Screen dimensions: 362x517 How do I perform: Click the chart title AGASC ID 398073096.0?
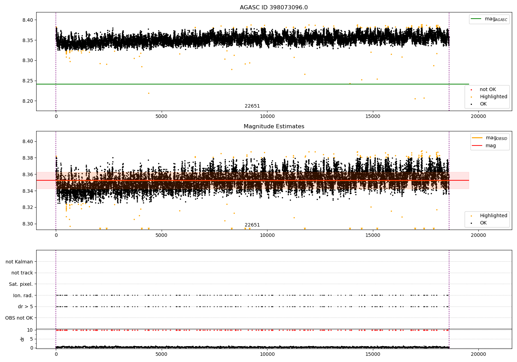pyautogui.click(x=274, y=8)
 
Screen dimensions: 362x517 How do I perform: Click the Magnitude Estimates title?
pyautogui.click(x=274, y=127)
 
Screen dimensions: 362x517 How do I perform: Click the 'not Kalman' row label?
pyautogui.click(x=19, y=262)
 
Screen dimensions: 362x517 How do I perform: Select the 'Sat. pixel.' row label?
pyautogui.click(x=21, y=284)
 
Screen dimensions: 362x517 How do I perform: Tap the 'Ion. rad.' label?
pyautogui.click(x=23, y=295)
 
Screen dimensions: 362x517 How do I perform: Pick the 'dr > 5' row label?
pyautogui.click(x=26, y=306)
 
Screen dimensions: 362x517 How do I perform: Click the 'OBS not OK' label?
pyautogui.click(x=19, y=318)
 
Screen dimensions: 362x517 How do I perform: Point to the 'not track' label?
pyautogui.click(x=22, y=273)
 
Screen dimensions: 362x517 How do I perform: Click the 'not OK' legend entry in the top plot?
pyautogui.click(x=488, y=90)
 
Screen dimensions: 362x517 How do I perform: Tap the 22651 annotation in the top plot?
pyautogui.click(x=252, y=106)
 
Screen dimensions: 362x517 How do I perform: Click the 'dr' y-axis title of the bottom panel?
pyautogui.click(x=22, y=339)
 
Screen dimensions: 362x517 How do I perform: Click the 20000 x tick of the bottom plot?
pyautogui.click(x=478, y=354)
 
